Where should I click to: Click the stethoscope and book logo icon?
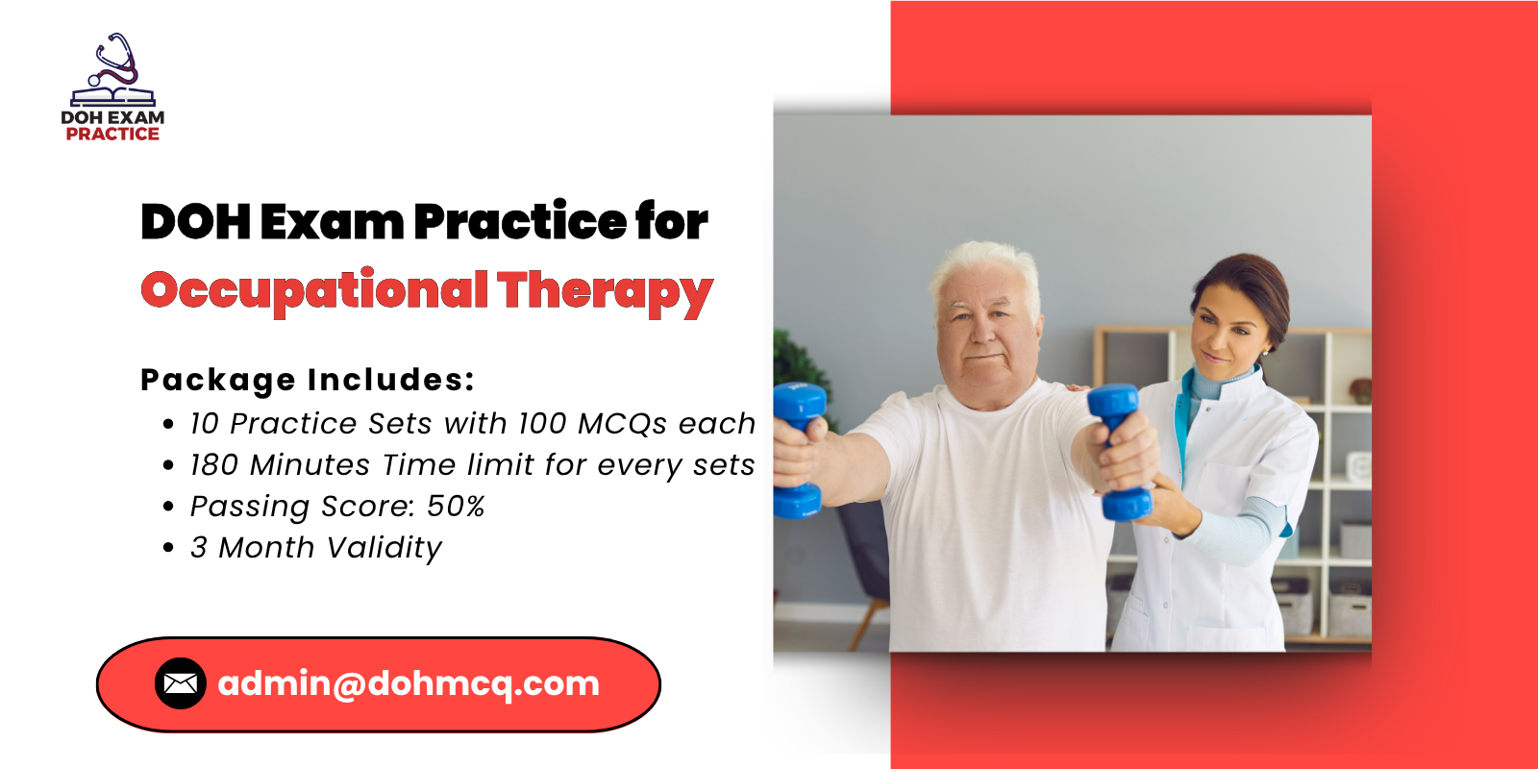coord(113,70)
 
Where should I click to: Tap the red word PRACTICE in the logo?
coord(112,134)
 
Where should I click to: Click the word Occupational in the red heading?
coord(314,292)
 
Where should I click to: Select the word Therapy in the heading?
coord(605,292)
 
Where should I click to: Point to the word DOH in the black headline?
coord(196,222)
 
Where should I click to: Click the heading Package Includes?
coord(308,381)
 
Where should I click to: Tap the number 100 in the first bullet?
coord(542,424)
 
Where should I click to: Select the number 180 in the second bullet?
coord(214,465)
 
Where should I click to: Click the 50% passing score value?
coord(456,506)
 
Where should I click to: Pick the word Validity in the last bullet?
coord(384,549)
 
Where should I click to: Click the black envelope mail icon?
coord(181,683)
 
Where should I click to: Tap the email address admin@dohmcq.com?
coord(409,683)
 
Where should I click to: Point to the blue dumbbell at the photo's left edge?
coord(799,450)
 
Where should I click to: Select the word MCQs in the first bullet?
coord(622,425)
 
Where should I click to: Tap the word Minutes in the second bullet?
coord(310,465)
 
